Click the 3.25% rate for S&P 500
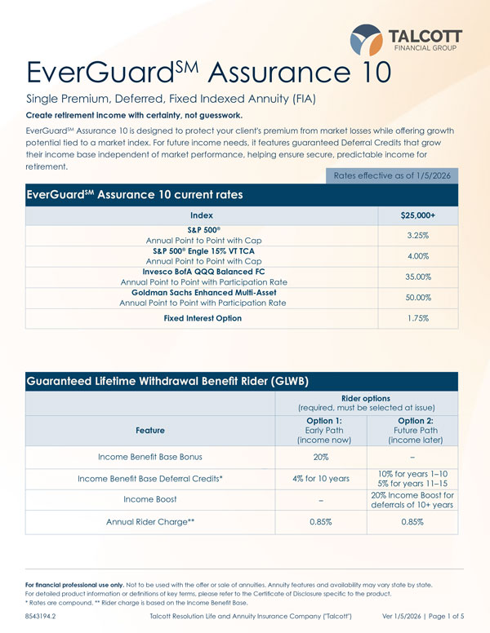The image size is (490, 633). tap(418, 235)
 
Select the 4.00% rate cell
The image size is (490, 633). tap(418, 255)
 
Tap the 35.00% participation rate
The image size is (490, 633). tap(418, 277)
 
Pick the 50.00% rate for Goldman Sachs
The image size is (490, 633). tap(418, 298)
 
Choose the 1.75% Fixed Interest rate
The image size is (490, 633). tap(418, 318)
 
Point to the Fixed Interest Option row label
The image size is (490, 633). tap(203, 318)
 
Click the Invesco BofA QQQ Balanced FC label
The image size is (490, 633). tap(203, 271)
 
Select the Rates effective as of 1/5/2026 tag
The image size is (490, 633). tap(391, 175)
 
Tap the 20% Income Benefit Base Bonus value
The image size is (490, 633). tap(321, 457)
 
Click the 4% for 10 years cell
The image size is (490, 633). tap(321, 478)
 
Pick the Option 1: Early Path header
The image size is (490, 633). tap(321, 431)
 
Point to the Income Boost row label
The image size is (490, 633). tap(150, 499)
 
